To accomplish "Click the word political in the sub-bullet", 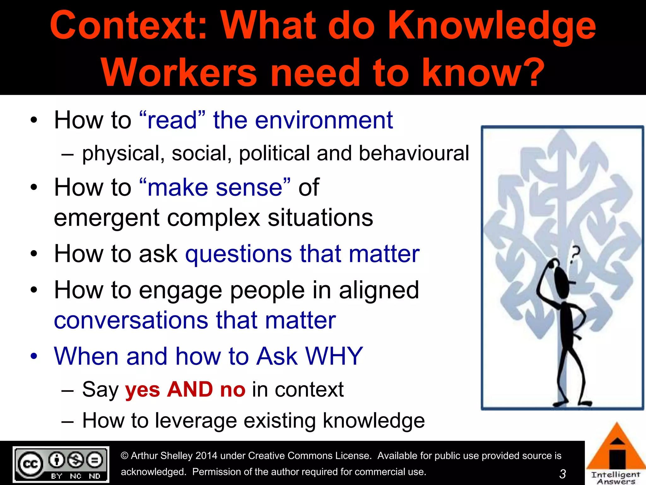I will [x=274, y=153].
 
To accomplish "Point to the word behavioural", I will [x=414, y=153].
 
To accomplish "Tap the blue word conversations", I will [x=131, y=320].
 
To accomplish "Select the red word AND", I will [x=190, y=389].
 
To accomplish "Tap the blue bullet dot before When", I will [x=34, y=356].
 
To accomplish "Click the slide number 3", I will [x=562, y=474].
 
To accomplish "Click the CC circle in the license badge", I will [x=30, y=464].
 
